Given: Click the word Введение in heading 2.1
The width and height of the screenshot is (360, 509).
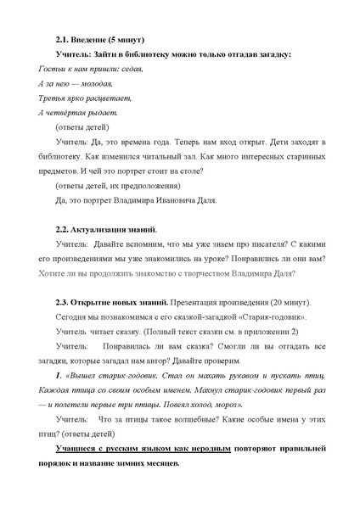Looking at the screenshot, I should tap(90, 40).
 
